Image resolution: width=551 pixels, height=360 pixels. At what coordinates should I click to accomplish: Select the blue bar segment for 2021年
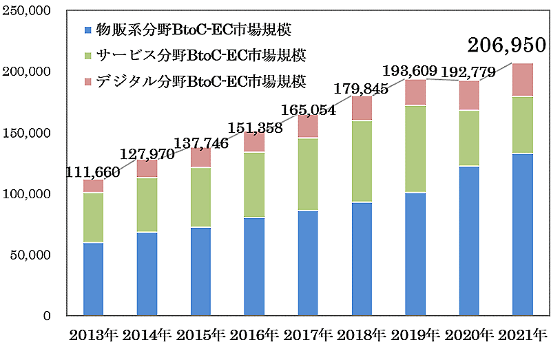tap(523, 234)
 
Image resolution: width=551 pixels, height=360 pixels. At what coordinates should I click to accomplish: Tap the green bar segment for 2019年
tap(415, 149)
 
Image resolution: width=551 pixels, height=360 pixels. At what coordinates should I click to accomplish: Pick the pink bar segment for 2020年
tap(469, 96)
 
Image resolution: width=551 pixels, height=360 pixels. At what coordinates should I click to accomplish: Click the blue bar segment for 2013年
tap(93, 279)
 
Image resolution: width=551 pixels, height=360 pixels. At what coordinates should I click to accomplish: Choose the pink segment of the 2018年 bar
tap(362, 109)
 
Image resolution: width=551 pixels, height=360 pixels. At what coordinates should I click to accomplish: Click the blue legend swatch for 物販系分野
tap(86, 30)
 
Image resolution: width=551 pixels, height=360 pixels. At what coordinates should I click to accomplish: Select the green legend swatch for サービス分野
tap(86, 54)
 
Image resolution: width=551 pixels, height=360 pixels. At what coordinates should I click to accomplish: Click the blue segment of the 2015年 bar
tap(200, 271)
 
